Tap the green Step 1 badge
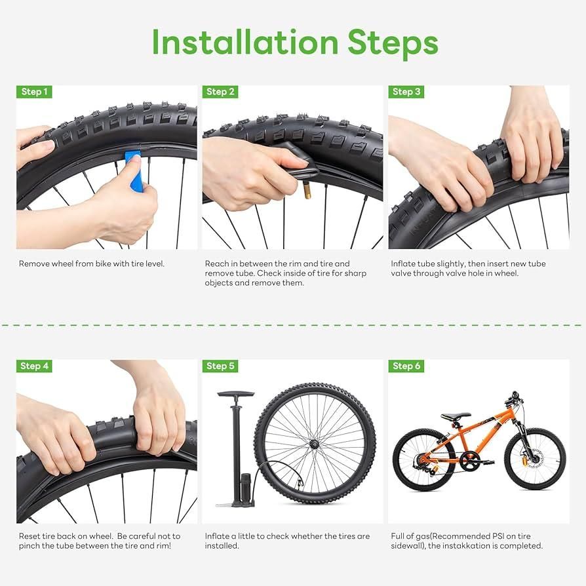[x=34, y=92]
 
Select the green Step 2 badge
[x=220, y=92]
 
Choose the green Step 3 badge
[x=406, y=92]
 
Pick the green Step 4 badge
[x=34, y=366]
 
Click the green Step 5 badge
[x=220, y=366]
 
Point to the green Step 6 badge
[x=406, y=366]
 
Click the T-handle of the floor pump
[x=235, y=395]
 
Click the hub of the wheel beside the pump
[x=315, y=444]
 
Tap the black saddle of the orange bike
[x=456, y=416]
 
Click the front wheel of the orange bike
[x=534, y=459]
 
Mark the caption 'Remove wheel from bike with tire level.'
[x=92, y=264]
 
